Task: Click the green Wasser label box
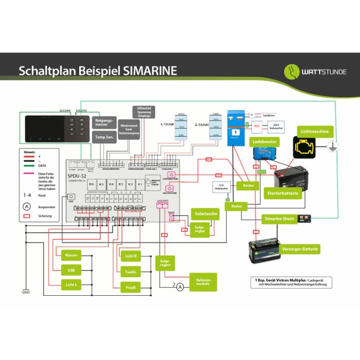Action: pos(70,255)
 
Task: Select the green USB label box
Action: pos(70,270)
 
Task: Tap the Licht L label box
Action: pos(70,284)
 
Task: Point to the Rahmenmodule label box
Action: pos(203,281)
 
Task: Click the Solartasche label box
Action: pos(205,213)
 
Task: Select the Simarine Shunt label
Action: pos(279,219)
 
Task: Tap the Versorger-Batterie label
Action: pos(300,249)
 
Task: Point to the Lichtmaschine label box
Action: pos(315,132)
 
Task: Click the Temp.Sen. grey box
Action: pos(104,136)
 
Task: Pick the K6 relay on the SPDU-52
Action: pos(92,184)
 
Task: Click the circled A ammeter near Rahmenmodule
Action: pos(180,287)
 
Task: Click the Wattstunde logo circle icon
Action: pos(293,71)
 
